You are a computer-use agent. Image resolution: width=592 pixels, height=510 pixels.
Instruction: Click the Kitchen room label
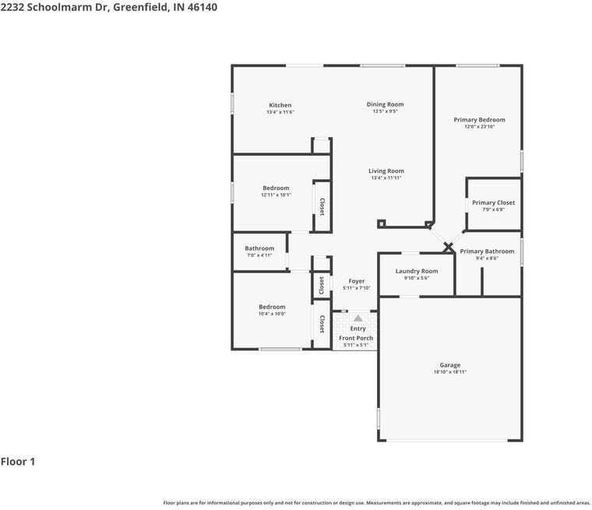coord(280,105)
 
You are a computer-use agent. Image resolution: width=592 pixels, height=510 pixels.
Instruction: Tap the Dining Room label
coord(385,104)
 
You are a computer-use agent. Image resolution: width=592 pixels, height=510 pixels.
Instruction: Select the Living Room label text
coord(386,171)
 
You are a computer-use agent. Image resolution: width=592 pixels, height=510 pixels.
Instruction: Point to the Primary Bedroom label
coord(479,120)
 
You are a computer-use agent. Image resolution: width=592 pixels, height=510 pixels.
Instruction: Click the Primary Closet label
coord(493,202)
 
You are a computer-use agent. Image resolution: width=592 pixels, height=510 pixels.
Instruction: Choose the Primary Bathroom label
coord(487,251)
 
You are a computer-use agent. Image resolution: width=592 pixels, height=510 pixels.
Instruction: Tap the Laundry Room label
coord(416,271)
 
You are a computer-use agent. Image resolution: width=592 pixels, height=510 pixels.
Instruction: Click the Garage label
coord(449,365)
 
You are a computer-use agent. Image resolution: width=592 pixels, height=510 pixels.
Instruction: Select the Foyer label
coord(356,281)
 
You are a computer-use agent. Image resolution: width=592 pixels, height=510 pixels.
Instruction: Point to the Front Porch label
coord(355,338)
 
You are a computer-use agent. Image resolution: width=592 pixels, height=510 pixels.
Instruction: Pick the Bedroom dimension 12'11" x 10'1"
coord(276,195)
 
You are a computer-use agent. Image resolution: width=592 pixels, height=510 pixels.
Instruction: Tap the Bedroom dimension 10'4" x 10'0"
coord(272,314)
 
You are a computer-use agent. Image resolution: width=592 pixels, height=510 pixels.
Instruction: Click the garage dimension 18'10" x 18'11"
coord(449,372)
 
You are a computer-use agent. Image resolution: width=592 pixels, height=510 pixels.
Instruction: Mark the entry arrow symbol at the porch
coord(358,318)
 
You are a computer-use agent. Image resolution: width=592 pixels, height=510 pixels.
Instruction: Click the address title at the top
coord(108,7)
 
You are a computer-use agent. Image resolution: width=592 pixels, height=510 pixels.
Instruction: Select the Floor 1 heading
coord(18,462)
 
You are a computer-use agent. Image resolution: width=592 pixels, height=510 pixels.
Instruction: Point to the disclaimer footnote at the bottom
coord(376,503)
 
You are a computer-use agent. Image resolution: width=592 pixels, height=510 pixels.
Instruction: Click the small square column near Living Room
coord(381,224)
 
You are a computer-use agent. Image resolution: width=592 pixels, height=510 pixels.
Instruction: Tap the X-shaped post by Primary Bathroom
coord(449,248)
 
